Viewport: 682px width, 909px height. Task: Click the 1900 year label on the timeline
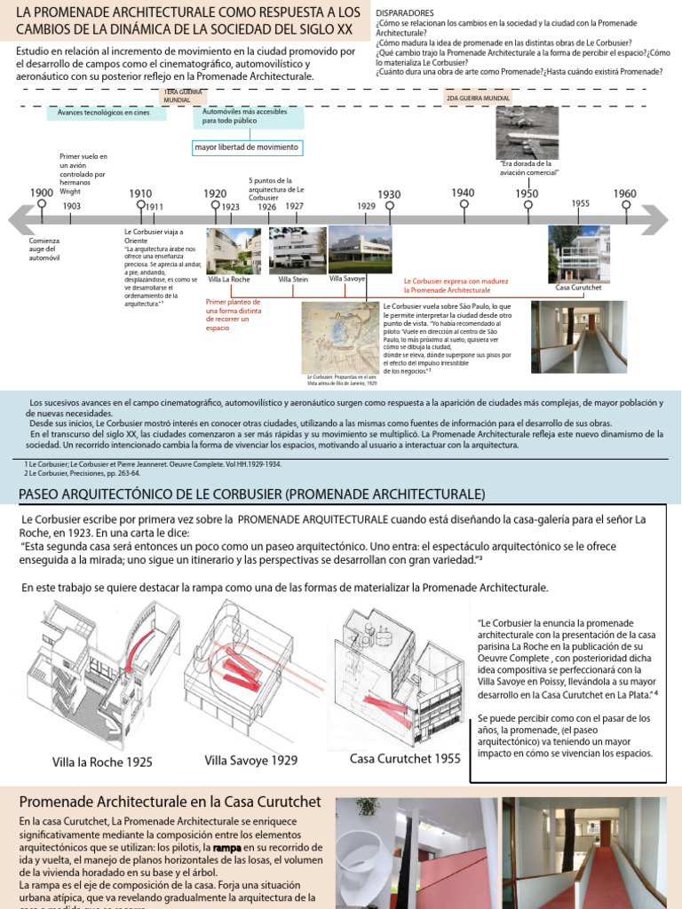pos(42,193)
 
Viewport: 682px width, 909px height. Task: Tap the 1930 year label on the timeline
pos(389,194)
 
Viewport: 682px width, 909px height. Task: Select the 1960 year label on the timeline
pos(624,194)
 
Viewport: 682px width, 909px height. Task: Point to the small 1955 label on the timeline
pos(581,203)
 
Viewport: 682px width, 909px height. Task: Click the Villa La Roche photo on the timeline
pos(234,249)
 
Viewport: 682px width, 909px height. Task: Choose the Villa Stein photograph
pos(297,249)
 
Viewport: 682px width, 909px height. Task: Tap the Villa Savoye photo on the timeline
pos(360,249)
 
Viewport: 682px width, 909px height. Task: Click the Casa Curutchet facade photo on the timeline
pos(578,253)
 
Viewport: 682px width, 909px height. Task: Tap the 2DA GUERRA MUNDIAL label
pos(480,98)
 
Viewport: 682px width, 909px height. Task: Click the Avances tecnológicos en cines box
pos(104,113)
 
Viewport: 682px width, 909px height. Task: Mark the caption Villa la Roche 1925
pos(101,762)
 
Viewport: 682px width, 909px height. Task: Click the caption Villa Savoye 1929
pos(250,760)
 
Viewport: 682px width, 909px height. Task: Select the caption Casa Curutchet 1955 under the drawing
pos(405,758)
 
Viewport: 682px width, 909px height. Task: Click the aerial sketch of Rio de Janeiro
pos(341,341)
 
